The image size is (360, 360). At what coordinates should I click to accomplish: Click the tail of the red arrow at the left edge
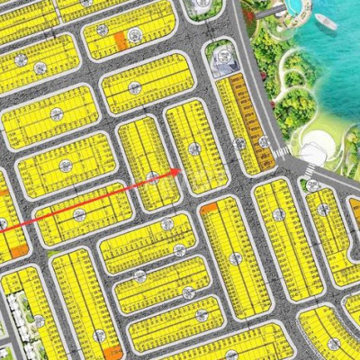pyautogui.click(x=2, y=231)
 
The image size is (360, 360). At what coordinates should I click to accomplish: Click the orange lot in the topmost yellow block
pyautogui.click(x=120, y=38)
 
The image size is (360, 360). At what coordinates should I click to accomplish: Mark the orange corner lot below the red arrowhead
pyautogui.click(x=210, y=209)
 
